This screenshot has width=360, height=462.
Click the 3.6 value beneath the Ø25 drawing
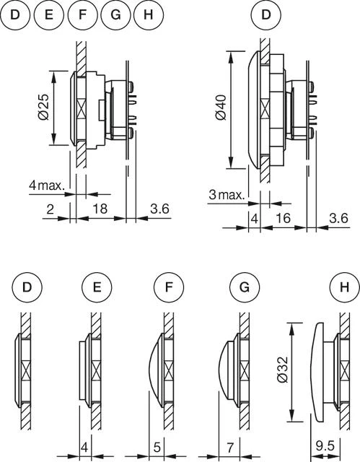tap(159, 209)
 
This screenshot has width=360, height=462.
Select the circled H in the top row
tap(149, 14)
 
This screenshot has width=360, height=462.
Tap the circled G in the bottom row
tap(245, 287)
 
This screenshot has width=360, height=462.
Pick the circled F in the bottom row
tap(167, 287)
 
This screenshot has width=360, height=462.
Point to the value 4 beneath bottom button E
tap(84, 448)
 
